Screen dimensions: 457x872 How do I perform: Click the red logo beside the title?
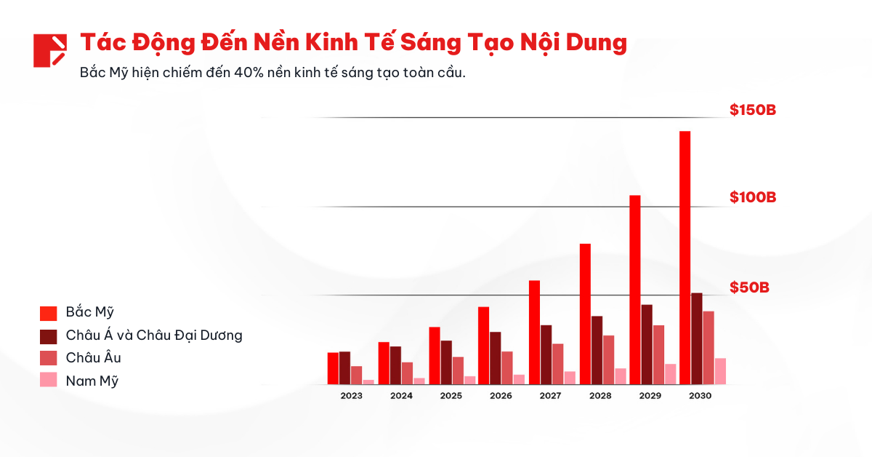(x=50, y=50)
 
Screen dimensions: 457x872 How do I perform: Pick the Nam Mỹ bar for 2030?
(x=720, y=370)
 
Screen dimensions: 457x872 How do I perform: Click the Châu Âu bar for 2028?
(x=608, y=359)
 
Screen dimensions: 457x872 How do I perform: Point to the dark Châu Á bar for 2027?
(x=546, y=354)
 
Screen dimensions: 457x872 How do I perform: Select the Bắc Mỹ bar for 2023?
(x=333, y=367)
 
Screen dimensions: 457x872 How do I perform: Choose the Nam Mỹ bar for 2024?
(x=419, y=381)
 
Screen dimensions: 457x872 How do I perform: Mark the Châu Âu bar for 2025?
(x=458, y=370)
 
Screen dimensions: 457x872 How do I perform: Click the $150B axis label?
(x=753, y=111)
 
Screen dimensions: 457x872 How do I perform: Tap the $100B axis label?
(x=753, y=197)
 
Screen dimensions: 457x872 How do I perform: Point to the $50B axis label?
(x=749, y=287)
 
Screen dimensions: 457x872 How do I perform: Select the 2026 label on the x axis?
(x=501, y=396)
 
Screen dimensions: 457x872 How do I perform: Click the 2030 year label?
(x=701, y=396)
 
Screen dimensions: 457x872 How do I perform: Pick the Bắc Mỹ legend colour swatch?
(x=49, y=313)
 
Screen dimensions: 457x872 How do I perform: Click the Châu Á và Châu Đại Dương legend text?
(x=153, y=335)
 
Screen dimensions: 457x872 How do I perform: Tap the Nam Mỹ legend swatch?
(x=49, y=380)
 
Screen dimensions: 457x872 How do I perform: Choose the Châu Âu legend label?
(x=93, y=358)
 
